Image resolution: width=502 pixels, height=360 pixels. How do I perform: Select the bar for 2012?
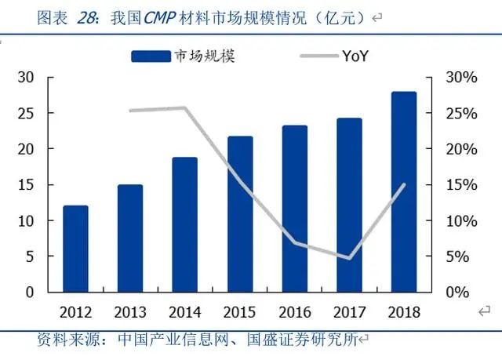click(x=75, y=249)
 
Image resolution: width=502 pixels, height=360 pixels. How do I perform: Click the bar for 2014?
click(x=185, y=224)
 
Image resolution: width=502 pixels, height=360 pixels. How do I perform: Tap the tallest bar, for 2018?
click(x=404, y=191)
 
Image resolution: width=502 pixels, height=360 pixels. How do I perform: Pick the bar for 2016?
click(x=295, y=209)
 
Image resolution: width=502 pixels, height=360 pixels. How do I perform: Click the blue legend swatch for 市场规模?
click(x=151, y=56)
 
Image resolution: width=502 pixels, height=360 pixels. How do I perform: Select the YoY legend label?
click(x=355, y=56)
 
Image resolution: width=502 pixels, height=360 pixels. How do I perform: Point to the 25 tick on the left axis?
click(x=26, y=113)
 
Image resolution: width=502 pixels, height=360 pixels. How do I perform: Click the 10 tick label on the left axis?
click(x=26, y=221)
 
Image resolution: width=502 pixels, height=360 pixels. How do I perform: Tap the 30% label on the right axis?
click(x=462, y=78)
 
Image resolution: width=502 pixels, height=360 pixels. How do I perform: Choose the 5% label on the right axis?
click(x=458, y=256)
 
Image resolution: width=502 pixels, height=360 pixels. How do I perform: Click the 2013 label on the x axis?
click(x=130, y=312)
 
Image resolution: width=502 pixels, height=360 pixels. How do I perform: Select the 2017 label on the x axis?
click(x=349, y=312)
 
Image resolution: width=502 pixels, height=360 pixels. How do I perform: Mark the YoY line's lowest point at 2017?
click(x=349, y=258)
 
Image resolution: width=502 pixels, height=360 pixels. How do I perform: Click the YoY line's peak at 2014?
click(x=185, y=107)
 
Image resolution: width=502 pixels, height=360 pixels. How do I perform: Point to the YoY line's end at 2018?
click(x=405, y=184)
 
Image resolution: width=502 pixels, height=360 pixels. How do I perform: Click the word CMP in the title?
click(x=160, y=17)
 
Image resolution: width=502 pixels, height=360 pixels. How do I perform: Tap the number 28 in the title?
click(x=86, y=17)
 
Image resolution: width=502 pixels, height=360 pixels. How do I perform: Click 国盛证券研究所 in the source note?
click(x=302, y=339)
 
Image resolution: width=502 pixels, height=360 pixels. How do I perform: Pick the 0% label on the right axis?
click(x=458, y=293)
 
